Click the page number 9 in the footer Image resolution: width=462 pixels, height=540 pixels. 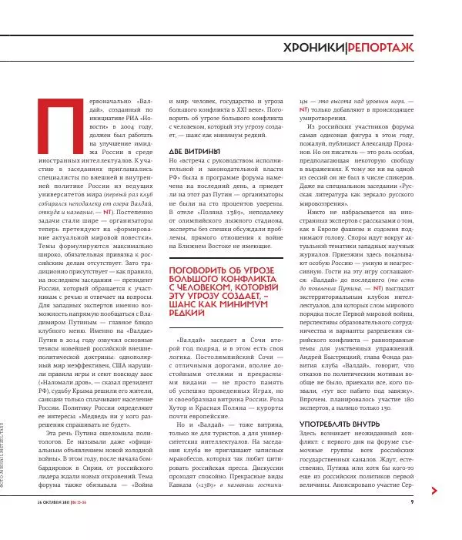(x=412, y=524)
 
